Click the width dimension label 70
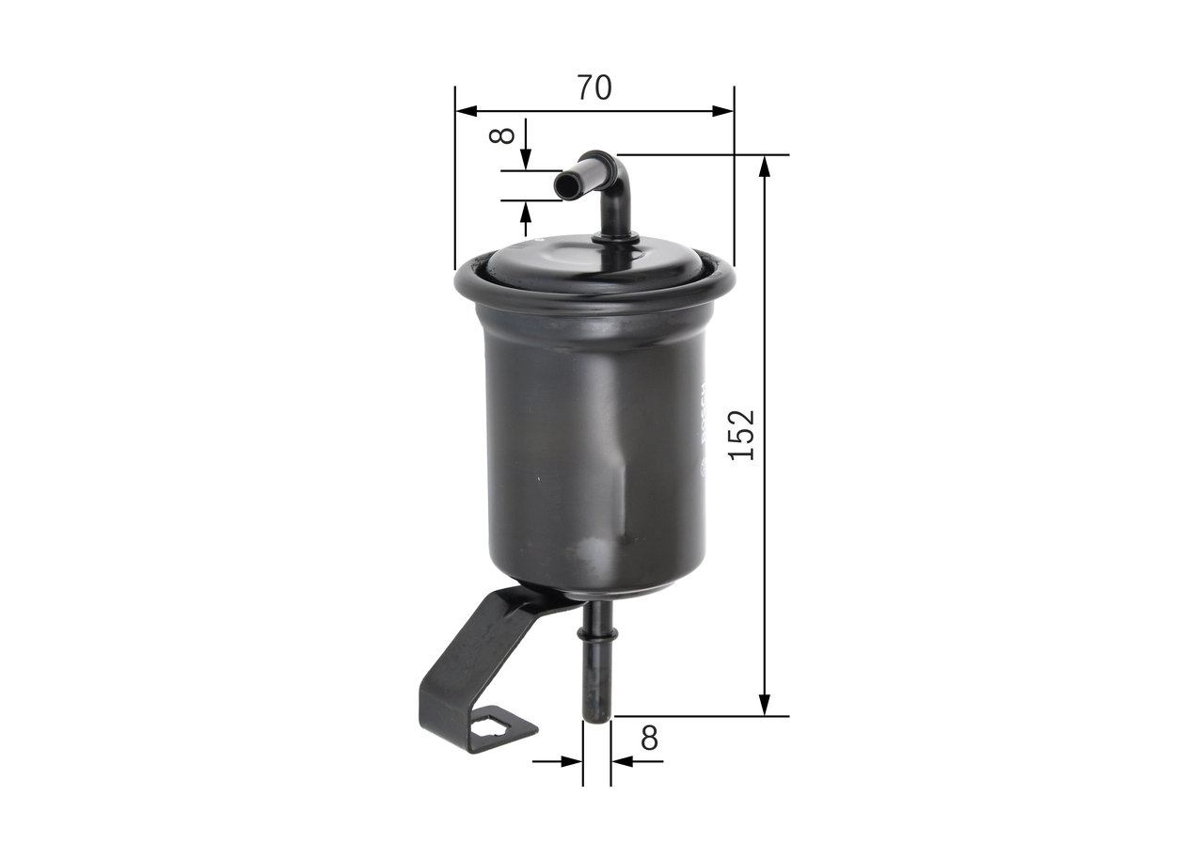[594, 88]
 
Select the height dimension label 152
[743, 434]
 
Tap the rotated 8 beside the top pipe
[504, 135]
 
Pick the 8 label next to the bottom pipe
[649, 739]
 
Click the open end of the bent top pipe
[565, 185]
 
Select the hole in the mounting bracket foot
[492, 725]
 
